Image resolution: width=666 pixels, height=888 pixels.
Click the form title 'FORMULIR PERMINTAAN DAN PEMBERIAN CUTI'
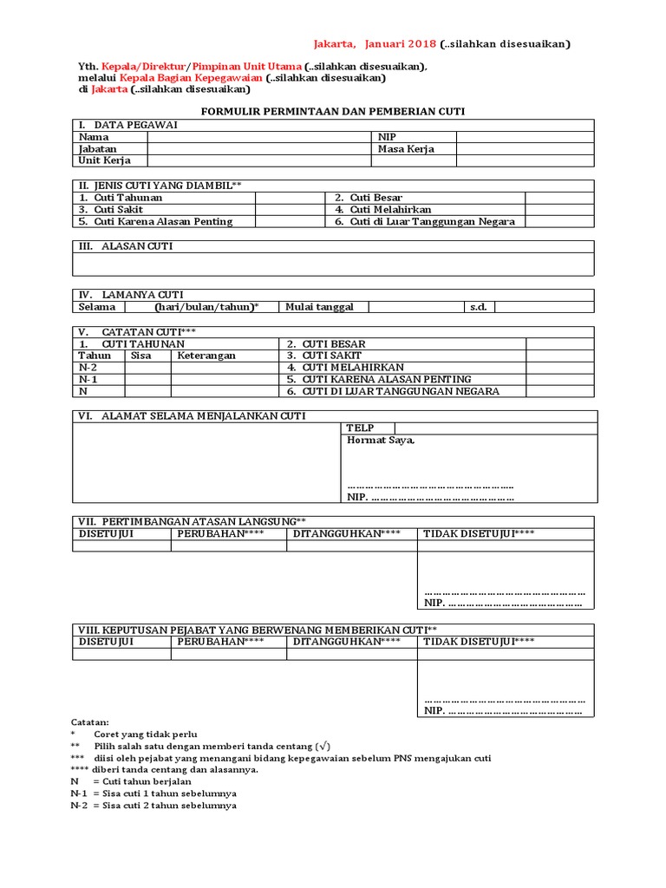tap(334, 112)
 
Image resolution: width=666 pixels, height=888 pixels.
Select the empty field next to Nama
tap(257, 137)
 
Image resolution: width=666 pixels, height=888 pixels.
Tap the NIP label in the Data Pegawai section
tap(387, 137)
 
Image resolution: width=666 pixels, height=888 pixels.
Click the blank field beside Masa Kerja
tap(525, 148)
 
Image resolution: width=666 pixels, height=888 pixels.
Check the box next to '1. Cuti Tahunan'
tap(290, 198)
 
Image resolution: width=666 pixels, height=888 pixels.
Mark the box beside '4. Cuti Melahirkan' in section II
tap(559, 210)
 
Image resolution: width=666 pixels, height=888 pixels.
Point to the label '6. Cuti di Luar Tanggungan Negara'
tap(425, 221)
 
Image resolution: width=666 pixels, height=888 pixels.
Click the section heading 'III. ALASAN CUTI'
tap(127, 246)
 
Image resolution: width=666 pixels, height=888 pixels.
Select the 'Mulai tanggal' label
tap(314, 307)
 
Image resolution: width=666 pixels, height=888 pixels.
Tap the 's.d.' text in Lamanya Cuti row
tap(477, 307)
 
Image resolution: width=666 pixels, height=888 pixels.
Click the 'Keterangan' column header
tap(206, 356)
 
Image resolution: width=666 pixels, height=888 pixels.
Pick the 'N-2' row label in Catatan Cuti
tap(88, 368)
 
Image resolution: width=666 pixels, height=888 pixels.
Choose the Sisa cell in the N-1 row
tap(147, 379)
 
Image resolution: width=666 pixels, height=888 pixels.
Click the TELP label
tap(360, 428)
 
